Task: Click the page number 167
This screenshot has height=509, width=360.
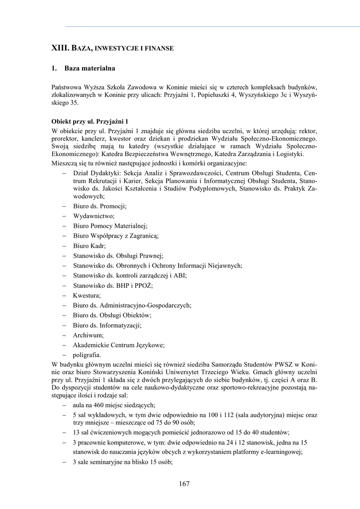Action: (x=184, y=484)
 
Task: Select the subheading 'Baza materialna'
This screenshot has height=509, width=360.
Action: (x=90, y=68)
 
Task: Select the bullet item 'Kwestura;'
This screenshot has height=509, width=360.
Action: (x=87, y=295)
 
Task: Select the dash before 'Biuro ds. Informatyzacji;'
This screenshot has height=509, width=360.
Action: (x=65, y=325)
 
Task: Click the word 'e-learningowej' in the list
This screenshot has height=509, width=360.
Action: (x=281, y=452)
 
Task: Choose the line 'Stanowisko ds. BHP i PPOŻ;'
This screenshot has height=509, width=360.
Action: (x=112, y=285)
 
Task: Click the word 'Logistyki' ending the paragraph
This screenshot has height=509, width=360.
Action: (x=288, y=154)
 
